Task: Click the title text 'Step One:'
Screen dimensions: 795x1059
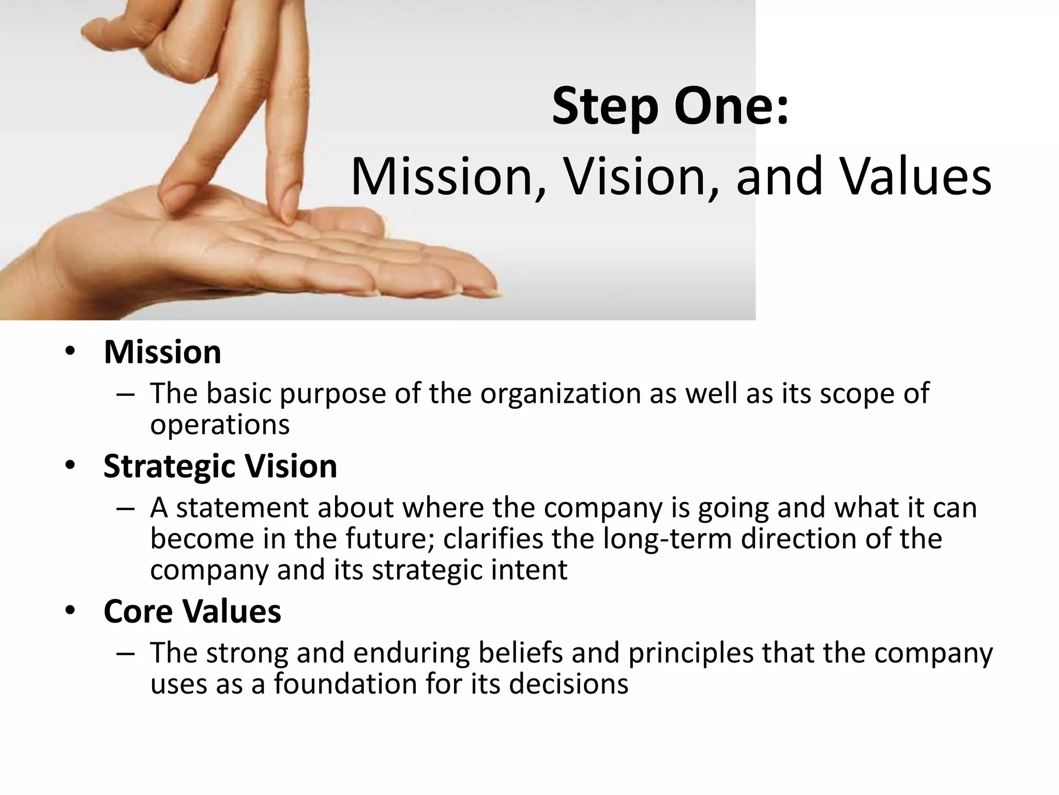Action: (x=671, y=107)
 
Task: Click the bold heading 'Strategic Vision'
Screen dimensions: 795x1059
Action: (x=220, y=466)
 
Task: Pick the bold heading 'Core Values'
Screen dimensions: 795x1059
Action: (x=192, y=611)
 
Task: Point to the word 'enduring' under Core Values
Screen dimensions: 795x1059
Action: (x=411, y=653)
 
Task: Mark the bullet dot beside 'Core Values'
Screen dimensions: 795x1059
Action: (x=70, y=612)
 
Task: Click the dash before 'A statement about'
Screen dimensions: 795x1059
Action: (x=126, y=508)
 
